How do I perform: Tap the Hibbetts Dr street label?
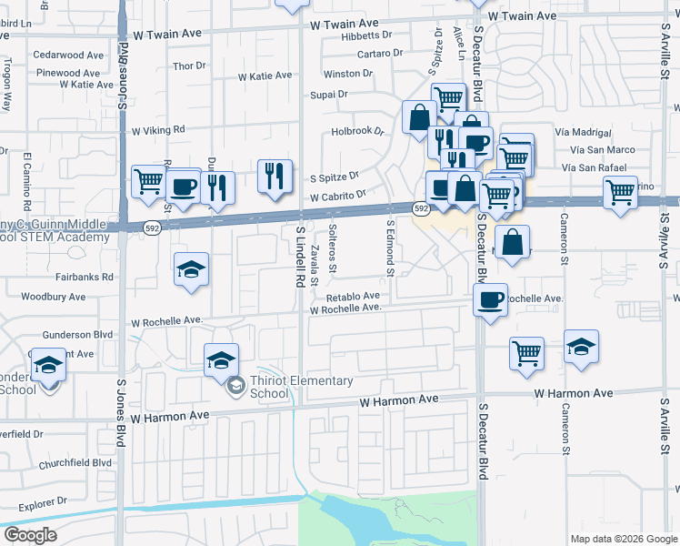(366, 35)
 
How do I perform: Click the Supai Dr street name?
(329, 94)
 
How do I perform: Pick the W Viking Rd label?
(158, 130)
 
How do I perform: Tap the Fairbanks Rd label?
(83, 277)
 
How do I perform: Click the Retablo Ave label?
(353, 297)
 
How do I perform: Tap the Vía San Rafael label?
(597, 167)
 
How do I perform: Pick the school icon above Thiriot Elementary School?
(221, 360)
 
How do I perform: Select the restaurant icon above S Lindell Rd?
(275, 176)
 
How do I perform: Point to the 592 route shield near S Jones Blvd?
(151, 227)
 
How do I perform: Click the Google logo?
(31, 536)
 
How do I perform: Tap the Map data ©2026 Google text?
(624, 539)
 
